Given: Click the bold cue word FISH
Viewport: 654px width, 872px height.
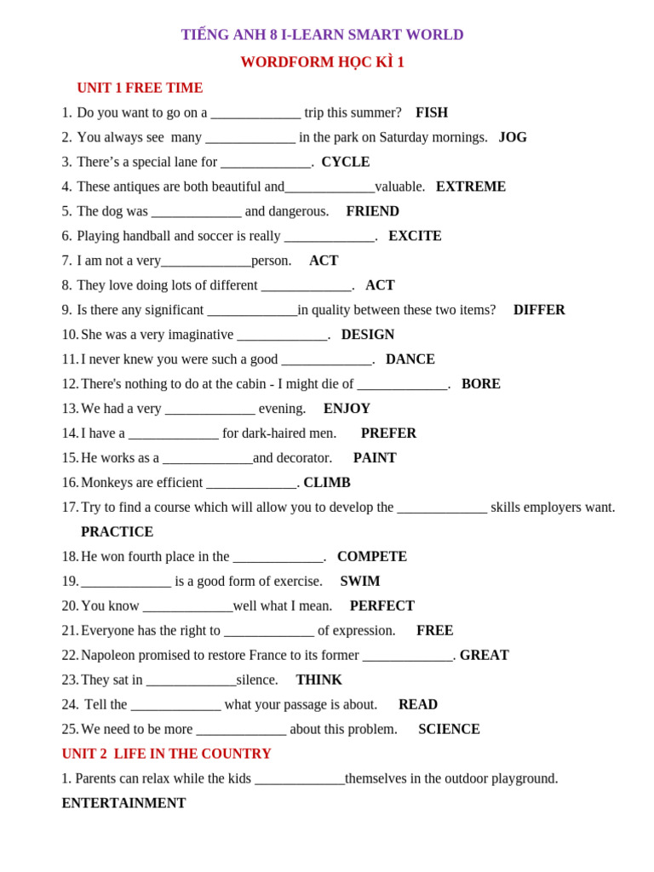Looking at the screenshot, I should (x=432, y=112).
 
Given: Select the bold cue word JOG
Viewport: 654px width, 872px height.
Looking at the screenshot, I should (x=513, y=137).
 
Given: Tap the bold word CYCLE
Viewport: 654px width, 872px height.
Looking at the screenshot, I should (x=346, y=162).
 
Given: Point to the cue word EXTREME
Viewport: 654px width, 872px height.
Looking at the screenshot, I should (x=471, y=186).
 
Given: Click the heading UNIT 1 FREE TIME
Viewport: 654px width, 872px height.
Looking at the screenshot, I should (x=140, y=88).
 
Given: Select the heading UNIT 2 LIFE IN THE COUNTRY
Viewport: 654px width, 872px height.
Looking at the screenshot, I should (x=167, y=754).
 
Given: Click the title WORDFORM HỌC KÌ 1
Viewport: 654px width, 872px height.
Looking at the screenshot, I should (x=322, y=62).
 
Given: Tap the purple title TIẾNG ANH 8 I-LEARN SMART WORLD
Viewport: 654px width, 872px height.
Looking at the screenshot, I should (x=322, y=35).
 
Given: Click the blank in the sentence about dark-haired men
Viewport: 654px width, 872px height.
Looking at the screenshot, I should (x=174, y=433).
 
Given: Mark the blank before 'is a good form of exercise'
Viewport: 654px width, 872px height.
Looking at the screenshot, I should (x=126, y=582).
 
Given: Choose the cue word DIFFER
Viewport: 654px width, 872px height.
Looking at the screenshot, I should (x=539, y=310).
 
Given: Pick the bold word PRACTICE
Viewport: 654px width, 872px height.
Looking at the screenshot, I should (x=118, y=532).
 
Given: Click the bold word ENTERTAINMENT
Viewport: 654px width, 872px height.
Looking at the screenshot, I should (x=124, y=803).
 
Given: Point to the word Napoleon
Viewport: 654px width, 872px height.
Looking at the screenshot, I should (x=112, y=656).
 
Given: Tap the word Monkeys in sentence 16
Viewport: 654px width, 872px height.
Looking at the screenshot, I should (x=108, y=483).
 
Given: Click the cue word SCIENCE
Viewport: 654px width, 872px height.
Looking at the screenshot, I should (x=449, y=729).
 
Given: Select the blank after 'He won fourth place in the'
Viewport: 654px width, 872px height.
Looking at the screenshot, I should (x=278, y=557).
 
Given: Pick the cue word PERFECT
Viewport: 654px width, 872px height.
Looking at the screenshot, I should (x=382, y=606).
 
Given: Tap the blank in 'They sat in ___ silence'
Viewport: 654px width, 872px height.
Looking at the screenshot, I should (x=191, y=680).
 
